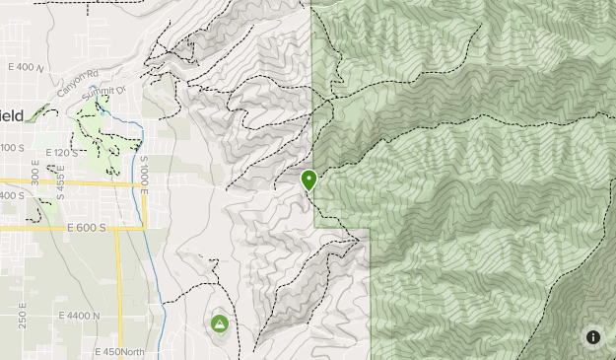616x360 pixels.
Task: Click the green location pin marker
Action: [x=309, y=180]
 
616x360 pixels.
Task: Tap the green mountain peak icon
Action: [x=219, y=324]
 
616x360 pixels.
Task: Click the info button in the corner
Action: [x=592, y=337]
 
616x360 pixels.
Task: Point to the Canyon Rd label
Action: [x=80, y=79]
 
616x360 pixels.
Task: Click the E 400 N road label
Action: [x=26, y=67]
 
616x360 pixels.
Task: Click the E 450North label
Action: [x=119, y=352]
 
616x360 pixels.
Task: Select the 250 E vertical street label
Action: [x=23, y=317]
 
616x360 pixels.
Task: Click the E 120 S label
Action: [x=59, y=153]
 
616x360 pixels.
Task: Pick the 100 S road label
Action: [x=12, y=148]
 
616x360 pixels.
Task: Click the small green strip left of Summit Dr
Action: [x=37, y=113]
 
